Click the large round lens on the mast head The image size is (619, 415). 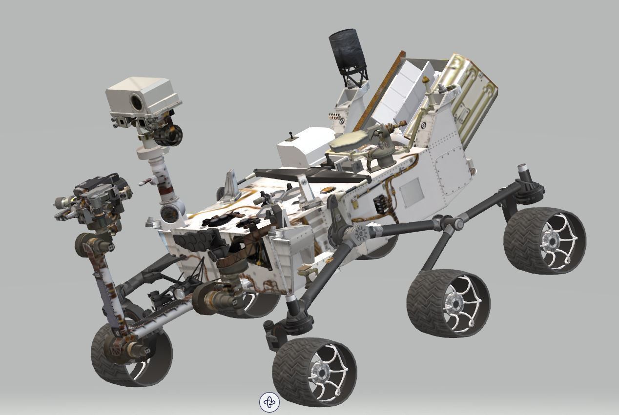tap(136, 102)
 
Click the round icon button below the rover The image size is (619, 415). tap(269, 402)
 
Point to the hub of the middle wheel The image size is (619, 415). tap(454, 304)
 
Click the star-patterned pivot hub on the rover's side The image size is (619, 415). tap(362, 234)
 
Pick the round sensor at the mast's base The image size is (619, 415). tap(169, 213)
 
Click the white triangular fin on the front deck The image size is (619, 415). tap(231, 186)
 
